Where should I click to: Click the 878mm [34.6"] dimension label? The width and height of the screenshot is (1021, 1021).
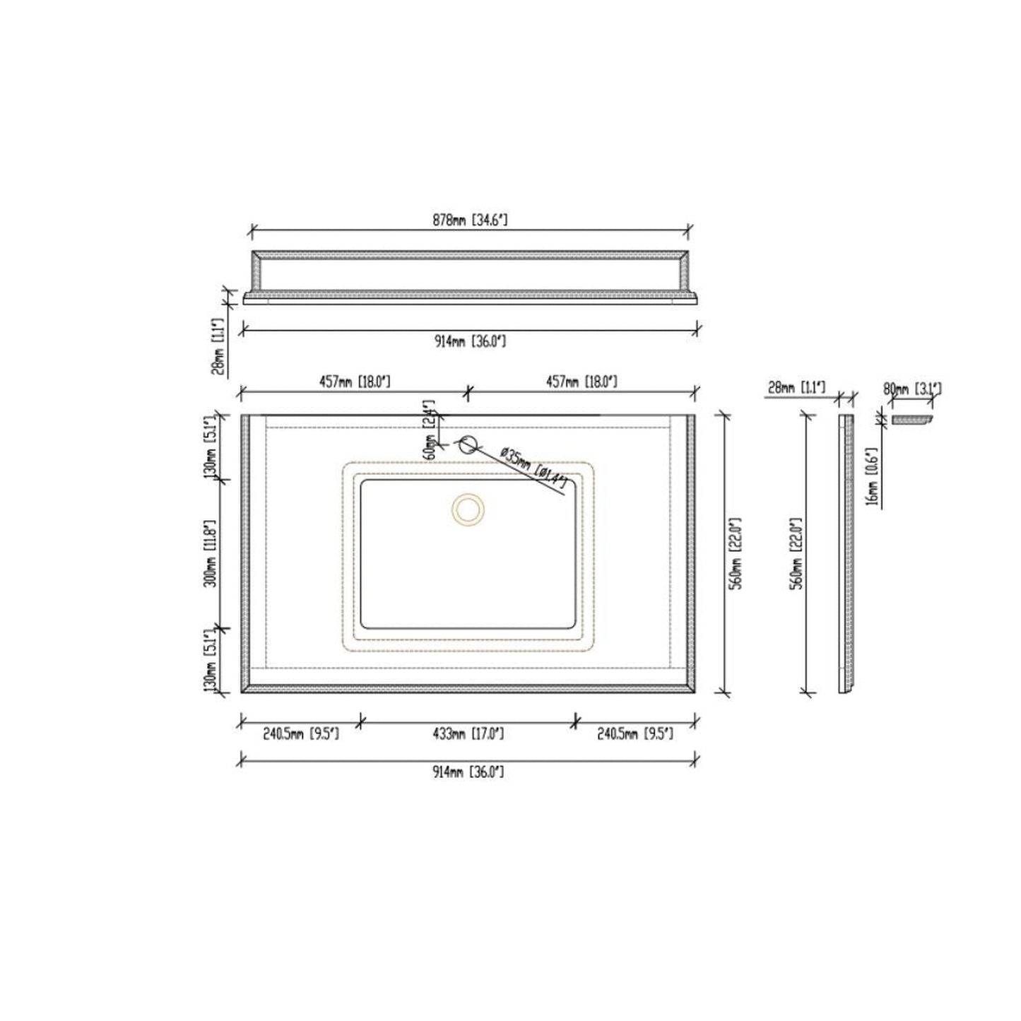[x=470, y=220]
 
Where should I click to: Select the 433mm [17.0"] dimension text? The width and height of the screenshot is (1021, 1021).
[x=468, y=734]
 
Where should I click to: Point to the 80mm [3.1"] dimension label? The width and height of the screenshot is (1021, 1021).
[x=912, y=389]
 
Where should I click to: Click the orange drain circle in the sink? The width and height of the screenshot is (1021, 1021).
[x=468, y=509]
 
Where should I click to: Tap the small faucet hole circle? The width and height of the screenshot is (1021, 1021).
[x=468, y=444]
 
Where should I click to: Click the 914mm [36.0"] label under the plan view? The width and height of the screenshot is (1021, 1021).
[x=468, y=772]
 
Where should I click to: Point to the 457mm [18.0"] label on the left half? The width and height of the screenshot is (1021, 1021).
[x=355, y=382]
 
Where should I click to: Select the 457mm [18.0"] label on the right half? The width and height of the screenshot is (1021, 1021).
[x=582, y=382]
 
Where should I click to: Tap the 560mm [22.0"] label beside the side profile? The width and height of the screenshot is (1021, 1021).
[x=797, y=553]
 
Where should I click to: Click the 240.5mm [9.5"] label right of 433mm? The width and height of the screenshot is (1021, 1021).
[x=635, y=734]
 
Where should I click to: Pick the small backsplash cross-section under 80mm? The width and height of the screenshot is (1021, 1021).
[x=911, y=420]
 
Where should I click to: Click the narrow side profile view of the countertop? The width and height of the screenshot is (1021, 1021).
[x=846, y=553]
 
